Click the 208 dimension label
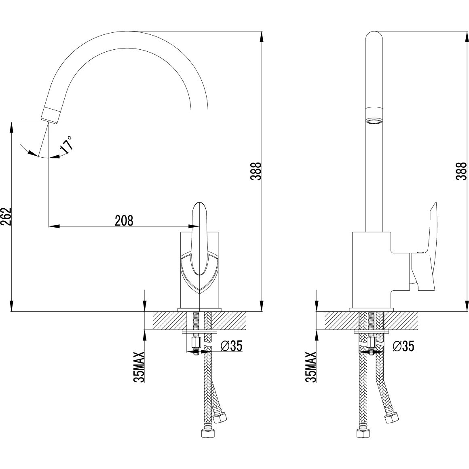point(124,220)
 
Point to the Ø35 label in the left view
point(232,346)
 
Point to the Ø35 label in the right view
point(404,346)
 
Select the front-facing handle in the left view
point(199,239)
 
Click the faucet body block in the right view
point(371,269)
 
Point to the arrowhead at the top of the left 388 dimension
point(262,36)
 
